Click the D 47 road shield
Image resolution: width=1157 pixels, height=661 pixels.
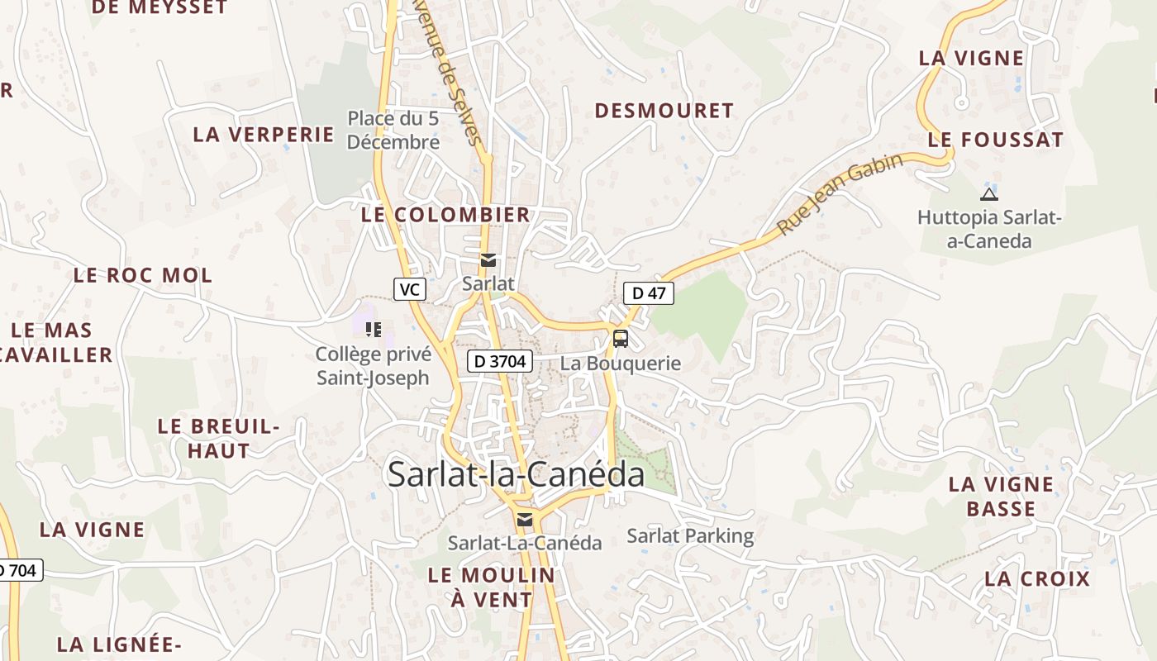click(x=649, y=292)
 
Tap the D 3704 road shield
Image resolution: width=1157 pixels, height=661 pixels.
click(x=499, y=361)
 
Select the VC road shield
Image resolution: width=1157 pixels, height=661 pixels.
click(x=409, y=289)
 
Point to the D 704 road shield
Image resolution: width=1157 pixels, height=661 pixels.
click(x=18, y=569)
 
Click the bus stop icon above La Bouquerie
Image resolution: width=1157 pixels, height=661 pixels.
click(x=620, y=338)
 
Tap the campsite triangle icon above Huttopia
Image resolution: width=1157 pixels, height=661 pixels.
click(x=988, y=195)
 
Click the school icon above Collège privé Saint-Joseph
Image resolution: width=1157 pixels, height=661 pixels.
click(x=374, y=330)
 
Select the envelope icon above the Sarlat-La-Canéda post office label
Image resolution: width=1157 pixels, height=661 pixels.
click(x=525, y=520)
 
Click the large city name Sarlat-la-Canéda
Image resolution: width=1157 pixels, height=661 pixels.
click(x=516, y=474)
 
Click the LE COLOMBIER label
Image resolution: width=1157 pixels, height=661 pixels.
click(x=445, y=215)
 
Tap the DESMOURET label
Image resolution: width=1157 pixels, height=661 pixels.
click(x=664, y=111)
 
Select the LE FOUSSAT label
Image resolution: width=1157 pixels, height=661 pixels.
click(x=996, y=140)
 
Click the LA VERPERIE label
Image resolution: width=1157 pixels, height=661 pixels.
click(x=264, y=135)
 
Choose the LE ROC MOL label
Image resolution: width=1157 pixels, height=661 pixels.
click(x=143, y=275)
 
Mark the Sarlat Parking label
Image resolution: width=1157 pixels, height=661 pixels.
click(x=690, y=536)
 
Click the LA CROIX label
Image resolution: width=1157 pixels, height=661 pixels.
click(x=1037, y=578)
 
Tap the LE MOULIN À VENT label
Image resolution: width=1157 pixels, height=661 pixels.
click(x=492, y=587)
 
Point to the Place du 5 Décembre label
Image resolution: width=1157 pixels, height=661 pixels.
click(x=393, y=130)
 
